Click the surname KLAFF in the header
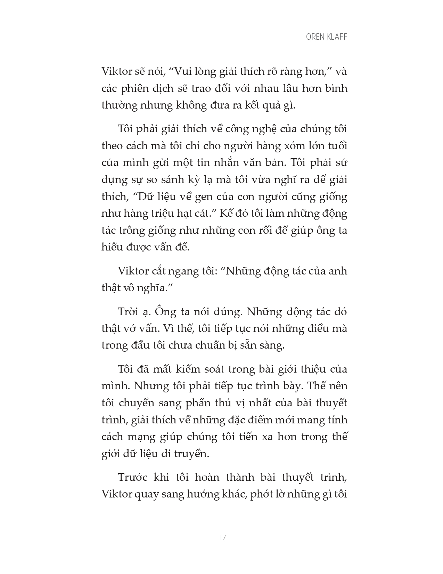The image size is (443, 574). click(x=336, y=37)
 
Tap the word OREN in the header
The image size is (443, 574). click(x=315, y=37)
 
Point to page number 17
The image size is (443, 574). click(x=223, y=537)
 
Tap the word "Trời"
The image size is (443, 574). click(x=130, y=312)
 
